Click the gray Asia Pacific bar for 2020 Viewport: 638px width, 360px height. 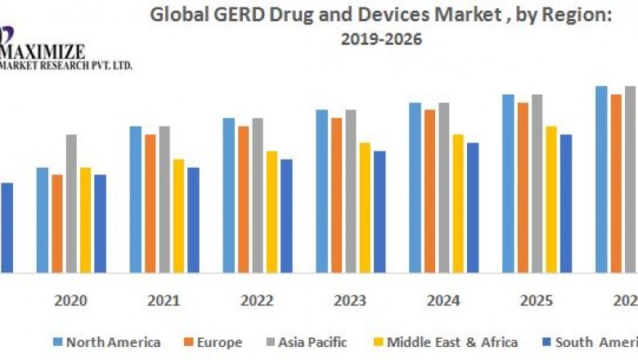coord(71,203)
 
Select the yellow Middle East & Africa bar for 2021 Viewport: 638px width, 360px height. coord(178,215)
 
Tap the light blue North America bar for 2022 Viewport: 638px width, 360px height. coord(228,195)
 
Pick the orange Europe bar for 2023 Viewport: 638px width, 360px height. coord(336,195)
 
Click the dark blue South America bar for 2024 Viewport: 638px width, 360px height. coord(473,207)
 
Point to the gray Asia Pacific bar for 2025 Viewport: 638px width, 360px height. coord(537,183)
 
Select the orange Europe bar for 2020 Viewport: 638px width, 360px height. coord(56,223)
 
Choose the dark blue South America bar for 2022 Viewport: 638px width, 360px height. coord(286,215)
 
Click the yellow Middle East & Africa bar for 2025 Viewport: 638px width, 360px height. coord(551,199)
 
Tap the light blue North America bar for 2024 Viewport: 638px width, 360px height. coord(415,187)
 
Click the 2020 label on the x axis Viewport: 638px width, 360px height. coord(71,300)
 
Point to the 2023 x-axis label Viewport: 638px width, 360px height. coord(350,300)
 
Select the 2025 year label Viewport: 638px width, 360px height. coord(537,300)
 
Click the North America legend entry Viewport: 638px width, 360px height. coord(106,342)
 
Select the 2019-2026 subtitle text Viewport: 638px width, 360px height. coord(382,39)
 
